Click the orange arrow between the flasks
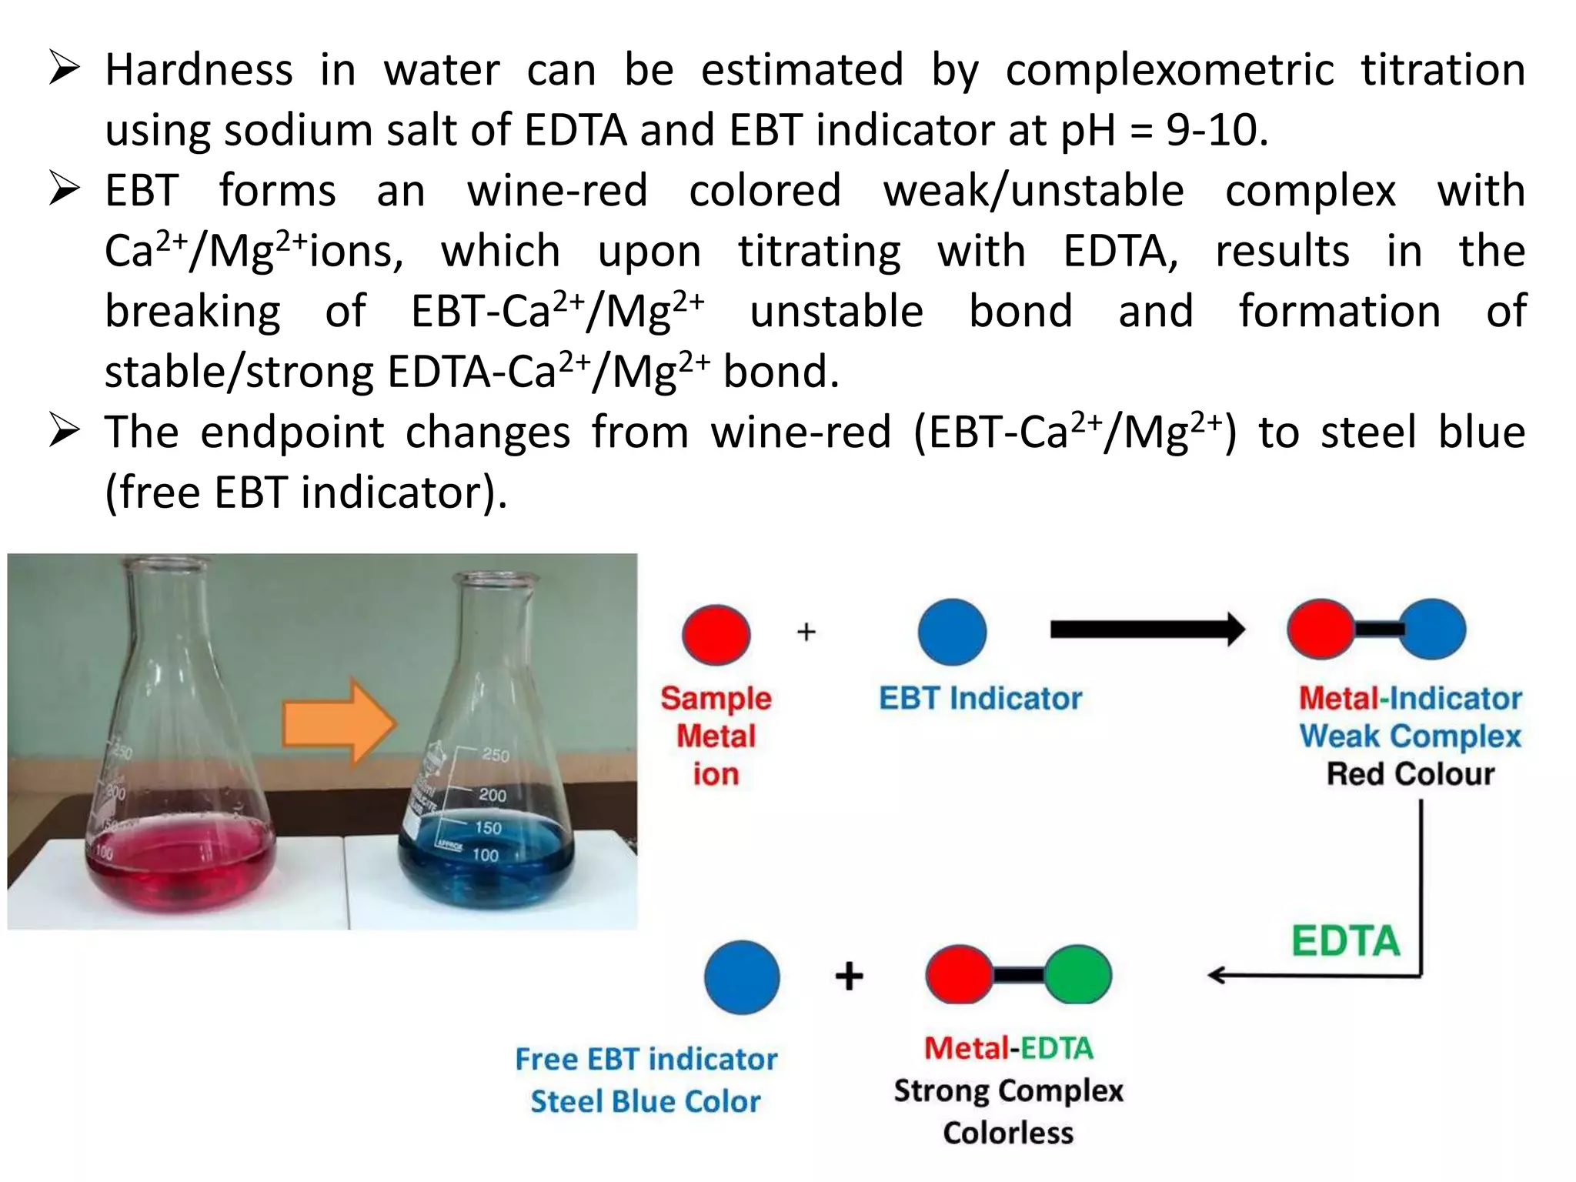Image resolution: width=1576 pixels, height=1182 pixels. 339,723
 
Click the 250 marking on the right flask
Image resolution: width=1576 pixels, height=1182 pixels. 496,755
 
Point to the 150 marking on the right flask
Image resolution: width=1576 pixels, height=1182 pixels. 488,828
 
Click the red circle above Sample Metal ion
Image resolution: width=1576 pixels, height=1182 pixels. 716,634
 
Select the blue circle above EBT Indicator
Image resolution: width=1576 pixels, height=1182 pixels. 952,632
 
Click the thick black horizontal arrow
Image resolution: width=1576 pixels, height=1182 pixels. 1147,629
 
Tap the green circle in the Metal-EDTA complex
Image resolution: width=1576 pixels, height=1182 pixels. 1077,974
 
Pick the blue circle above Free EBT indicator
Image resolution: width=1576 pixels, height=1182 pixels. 742,977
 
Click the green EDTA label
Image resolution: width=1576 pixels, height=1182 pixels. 1345,940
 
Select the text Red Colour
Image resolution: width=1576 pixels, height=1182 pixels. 1410,773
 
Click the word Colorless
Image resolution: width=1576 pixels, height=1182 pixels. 1008,1133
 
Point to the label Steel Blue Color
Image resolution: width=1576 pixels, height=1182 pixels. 645,1101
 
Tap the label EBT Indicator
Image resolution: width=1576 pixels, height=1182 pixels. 980,698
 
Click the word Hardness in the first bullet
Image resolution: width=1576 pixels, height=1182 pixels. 199,70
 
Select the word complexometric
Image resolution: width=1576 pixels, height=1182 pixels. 1169,70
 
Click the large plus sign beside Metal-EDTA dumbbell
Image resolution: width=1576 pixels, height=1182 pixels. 849,976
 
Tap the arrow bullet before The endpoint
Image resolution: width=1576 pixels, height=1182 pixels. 65,431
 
